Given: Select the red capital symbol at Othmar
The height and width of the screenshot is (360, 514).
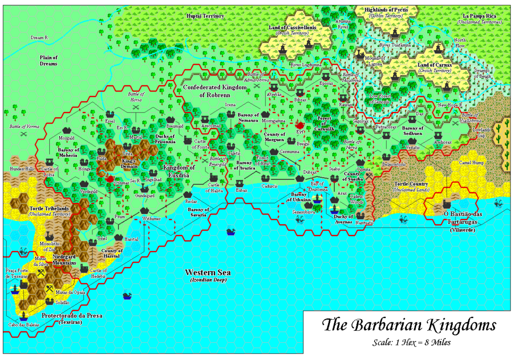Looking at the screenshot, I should click(x=110, y=177).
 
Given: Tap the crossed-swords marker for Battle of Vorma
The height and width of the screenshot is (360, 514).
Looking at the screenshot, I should click(x=23, y=134).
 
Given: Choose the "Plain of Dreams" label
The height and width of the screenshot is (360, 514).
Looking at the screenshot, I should click(x=49, y=60).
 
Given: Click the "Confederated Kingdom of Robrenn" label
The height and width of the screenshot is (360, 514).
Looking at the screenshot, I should click(x=215, y=90).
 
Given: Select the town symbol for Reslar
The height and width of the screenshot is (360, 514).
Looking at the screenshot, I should click(x=188, y=195).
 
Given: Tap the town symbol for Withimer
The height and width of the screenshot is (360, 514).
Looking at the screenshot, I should click(x=146, y=211).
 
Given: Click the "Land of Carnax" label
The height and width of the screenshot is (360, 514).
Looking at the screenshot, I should click(x=434, y=65).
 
